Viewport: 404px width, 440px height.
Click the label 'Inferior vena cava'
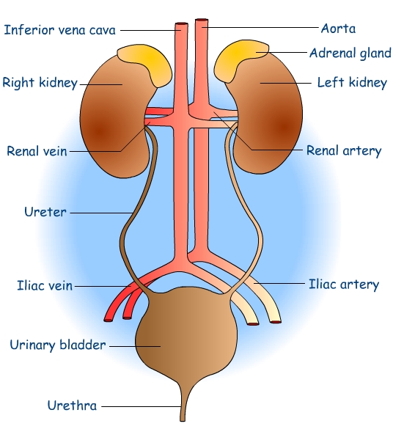(60, 30)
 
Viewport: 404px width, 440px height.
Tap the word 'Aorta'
(338, 29)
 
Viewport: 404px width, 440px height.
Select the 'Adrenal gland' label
(350, 53)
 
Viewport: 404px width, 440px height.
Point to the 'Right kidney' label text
(40, 82)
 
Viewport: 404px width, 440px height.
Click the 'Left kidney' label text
(351, 83)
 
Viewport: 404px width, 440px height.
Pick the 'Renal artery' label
(343, 151)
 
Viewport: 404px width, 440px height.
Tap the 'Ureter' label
(45, 213)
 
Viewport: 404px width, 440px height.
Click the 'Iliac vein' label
(45, 285)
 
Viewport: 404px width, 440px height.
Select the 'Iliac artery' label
(344, 284)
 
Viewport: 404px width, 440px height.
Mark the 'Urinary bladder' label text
(58, 344)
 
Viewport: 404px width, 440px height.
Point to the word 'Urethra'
(72, 405)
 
